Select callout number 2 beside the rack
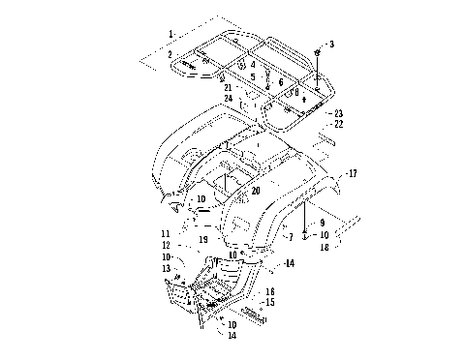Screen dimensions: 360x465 170,54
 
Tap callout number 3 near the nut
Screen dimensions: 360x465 330,45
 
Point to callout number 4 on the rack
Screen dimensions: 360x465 253,66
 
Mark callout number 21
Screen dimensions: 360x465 228,87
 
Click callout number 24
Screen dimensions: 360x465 229,98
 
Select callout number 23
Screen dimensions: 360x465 338,113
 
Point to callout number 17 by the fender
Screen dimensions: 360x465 353,174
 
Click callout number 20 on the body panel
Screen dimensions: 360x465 256,191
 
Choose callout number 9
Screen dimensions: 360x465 324,223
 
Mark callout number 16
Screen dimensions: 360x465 270,290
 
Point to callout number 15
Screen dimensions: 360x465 270,302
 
